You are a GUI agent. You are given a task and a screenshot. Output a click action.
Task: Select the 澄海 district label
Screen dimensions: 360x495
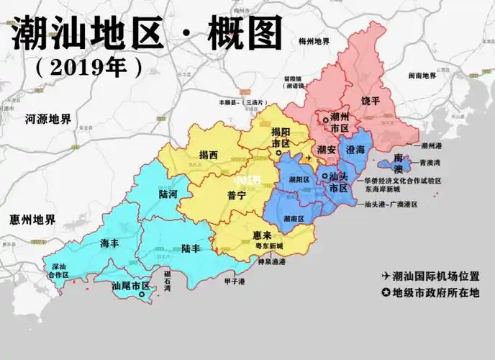coord(355,150)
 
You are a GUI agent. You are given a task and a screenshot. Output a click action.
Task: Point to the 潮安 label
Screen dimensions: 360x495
coord(326,150)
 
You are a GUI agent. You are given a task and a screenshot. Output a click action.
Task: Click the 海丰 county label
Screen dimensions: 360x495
coord(109,243)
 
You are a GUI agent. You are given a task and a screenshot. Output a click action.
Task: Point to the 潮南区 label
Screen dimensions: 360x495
coord(293,218)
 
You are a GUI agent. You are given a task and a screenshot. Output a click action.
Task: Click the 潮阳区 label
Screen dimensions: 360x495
coord(299,179)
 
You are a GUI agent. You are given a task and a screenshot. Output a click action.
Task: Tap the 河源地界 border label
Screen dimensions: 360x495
coord(48,119)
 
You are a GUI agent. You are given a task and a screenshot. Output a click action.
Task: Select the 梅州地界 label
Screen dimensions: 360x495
coord(314,42)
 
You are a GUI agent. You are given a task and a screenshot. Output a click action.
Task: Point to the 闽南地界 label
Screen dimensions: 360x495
coord(422,76)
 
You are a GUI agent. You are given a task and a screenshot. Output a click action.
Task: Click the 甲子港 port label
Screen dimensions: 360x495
coord(235,281)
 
